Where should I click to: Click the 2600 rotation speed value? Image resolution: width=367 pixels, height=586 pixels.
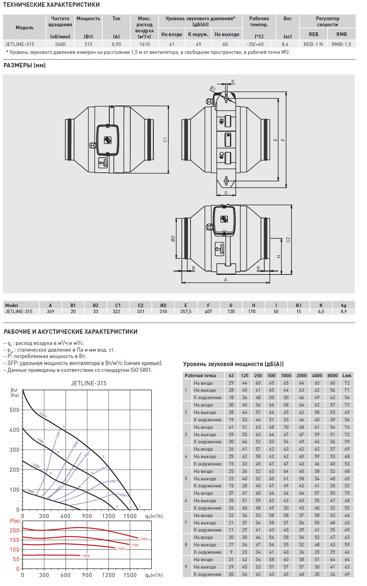(x=60, y=44)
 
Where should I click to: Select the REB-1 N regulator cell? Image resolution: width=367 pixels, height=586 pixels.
(x=313, y=44)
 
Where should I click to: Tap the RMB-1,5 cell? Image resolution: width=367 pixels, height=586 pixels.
(x=341, y=44)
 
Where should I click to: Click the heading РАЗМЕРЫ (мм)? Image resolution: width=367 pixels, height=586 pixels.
(x=25, y=65)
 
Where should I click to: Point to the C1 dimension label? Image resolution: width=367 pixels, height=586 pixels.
(x=165, y=139)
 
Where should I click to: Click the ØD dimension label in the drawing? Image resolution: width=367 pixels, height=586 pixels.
(x=173, y=239)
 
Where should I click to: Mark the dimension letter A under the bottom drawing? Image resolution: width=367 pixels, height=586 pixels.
(x=226, y=280)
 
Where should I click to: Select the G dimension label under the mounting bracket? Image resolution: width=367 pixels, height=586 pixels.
(x=226, y=193)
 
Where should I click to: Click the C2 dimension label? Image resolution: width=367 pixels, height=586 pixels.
(x=288, y=239)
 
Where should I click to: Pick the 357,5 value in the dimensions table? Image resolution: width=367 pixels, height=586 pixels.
(x=186, y=312)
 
